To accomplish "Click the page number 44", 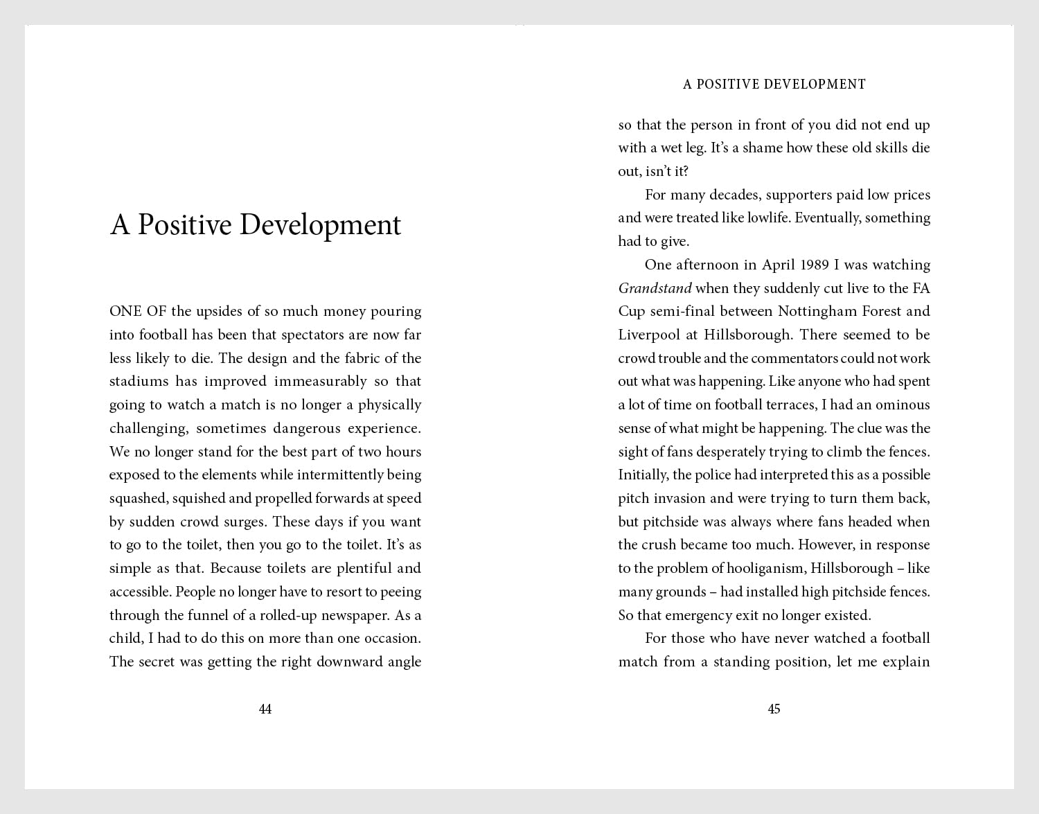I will [265, 709].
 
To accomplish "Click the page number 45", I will [774, 709].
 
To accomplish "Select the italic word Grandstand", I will [655, 288].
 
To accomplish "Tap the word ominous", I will [903, 405].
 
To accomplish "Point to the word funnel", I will [212, 615].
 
